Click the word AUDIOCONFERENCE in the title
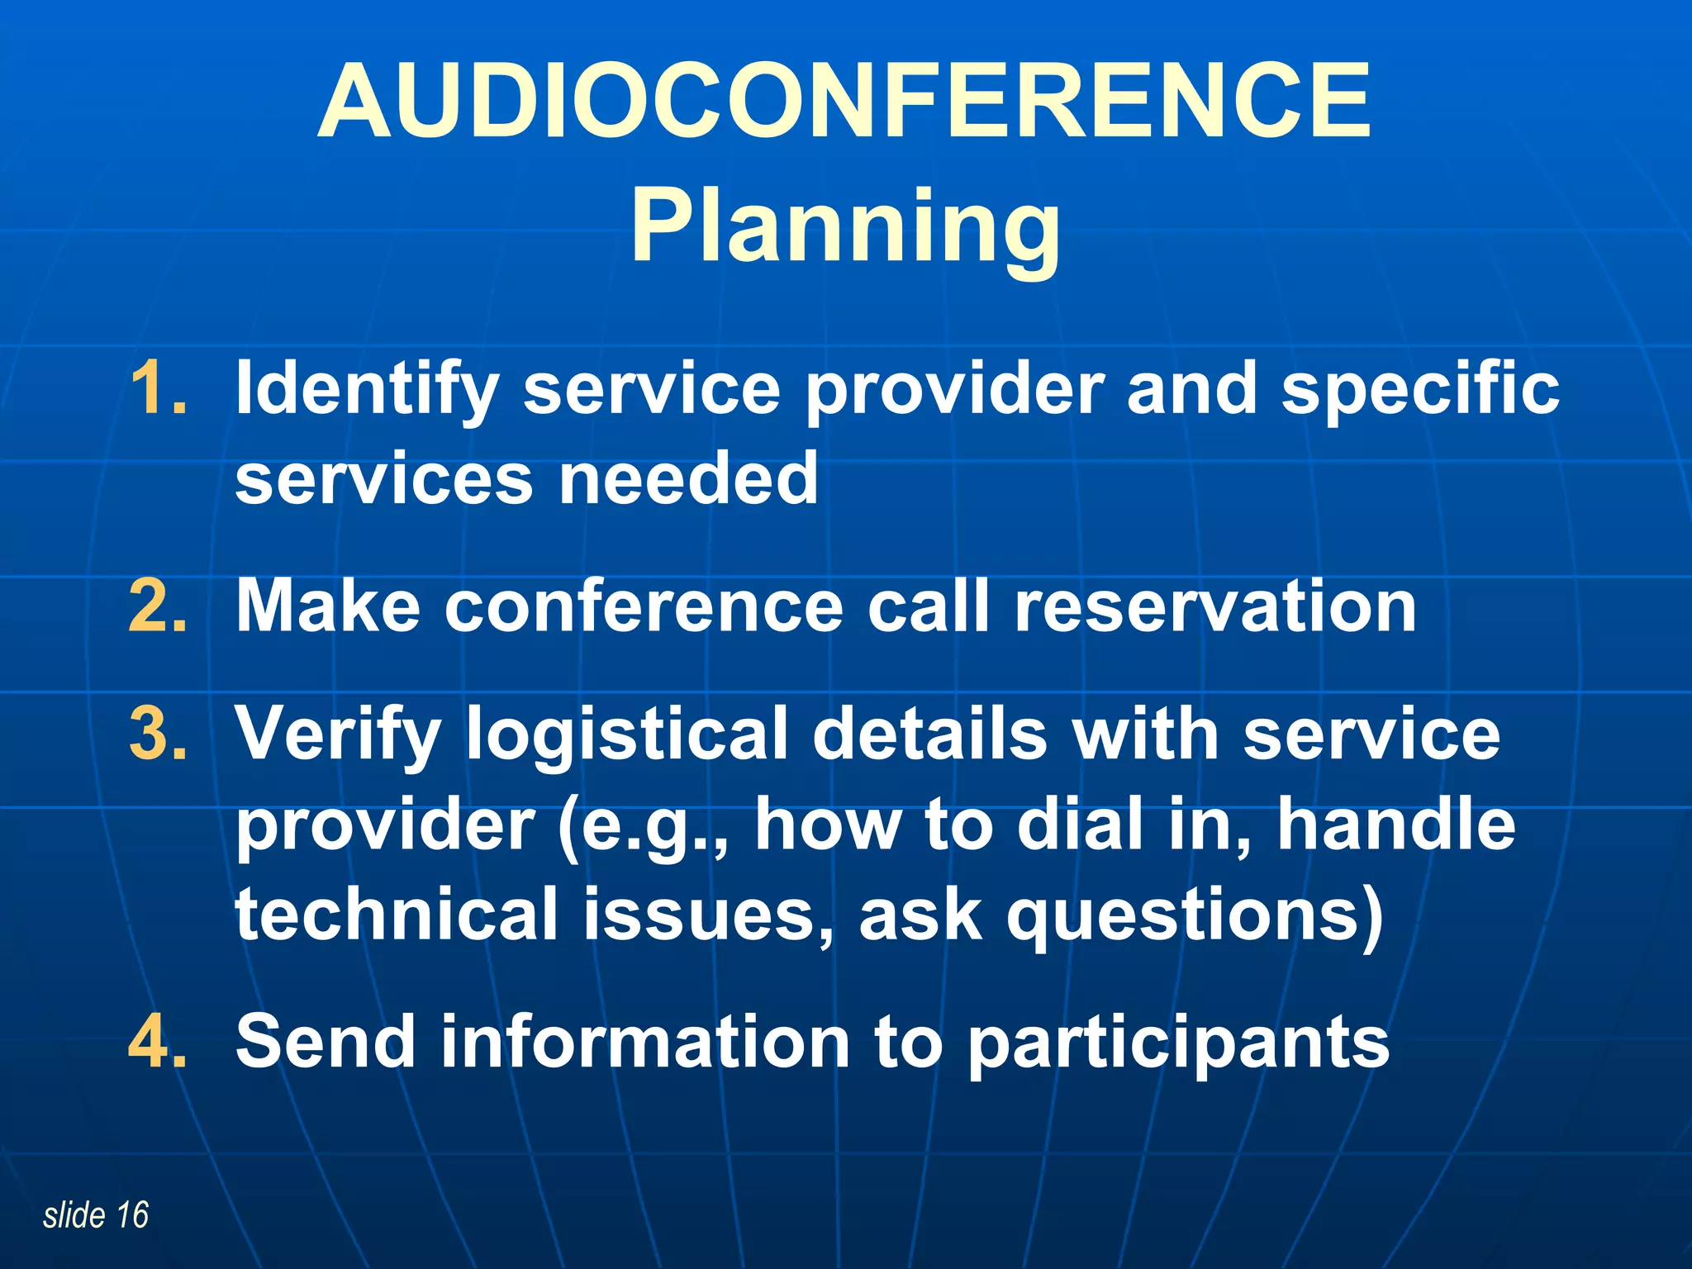click(x=844, y=102)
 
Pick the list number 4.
click(x=158, y=1041)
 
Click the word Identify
click(x=367, y=390)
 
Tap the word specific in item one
click(x=1420, y=390)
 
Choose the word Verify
click(x=338, y=734)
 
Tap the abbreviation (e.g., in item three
click(x=644, y=826)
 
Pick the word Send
click(x=326, y=1041)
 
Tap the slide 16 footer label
click(x=96, y=1215)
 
